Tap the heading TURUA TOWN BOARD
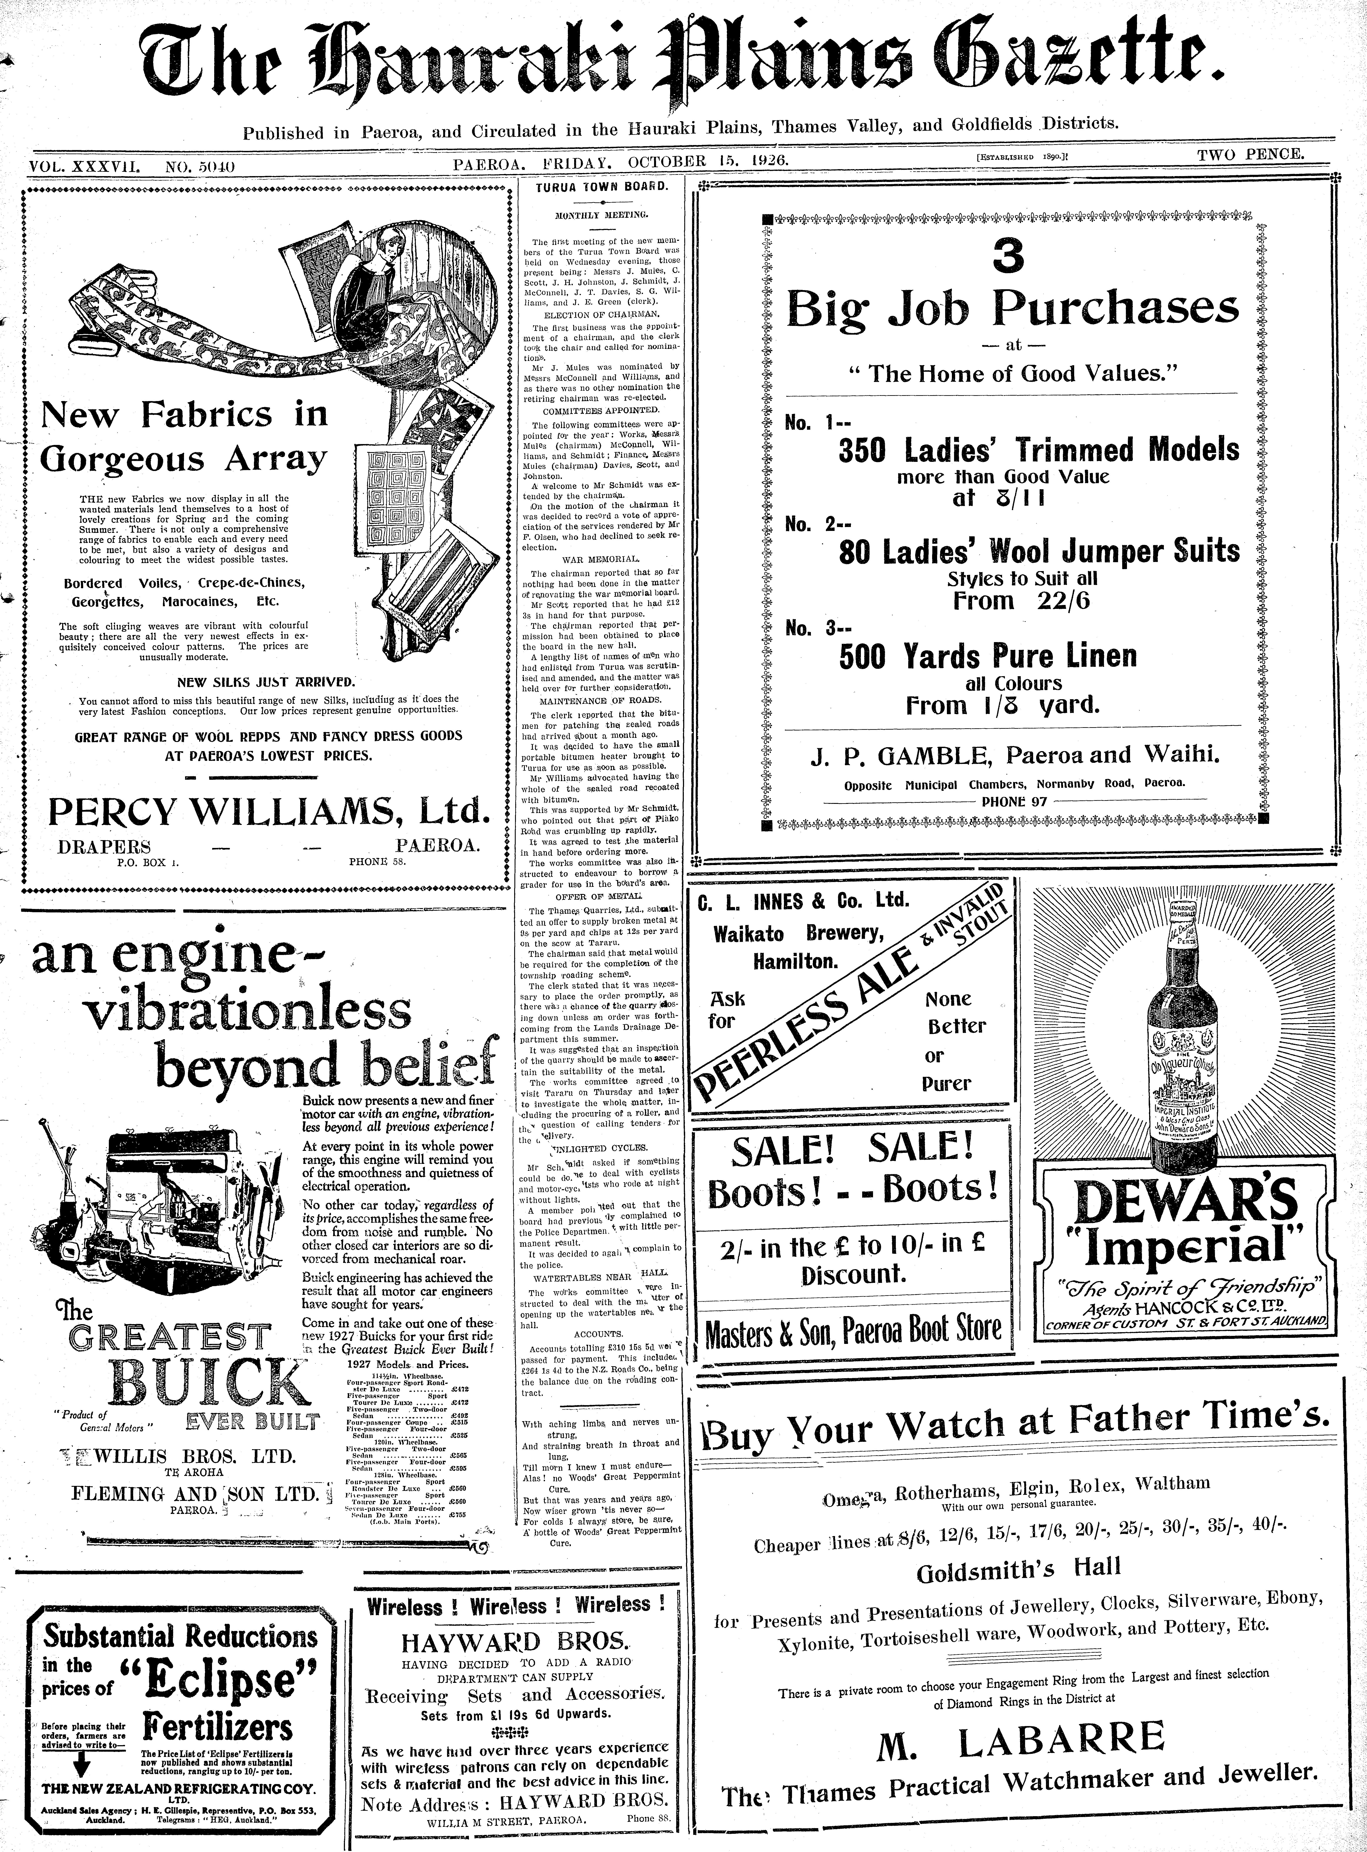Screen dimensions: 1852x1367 601,187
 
